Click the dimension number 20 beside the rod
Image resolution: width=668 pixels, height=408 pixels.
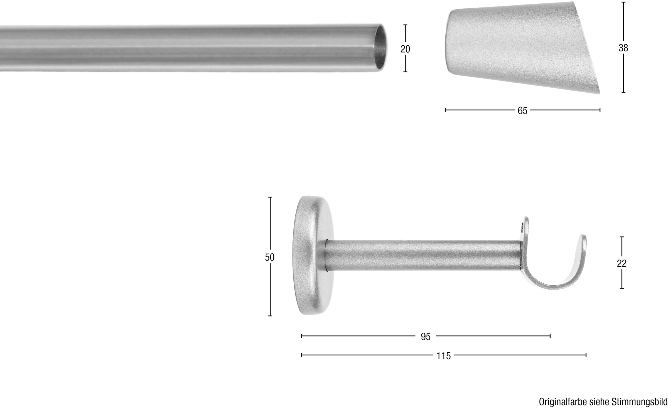(405, 49)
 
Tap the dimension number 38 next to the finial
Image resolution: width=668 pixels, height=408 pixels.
(623, 48)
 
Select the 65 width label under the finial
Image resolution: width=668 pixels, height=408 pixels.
(522, 111)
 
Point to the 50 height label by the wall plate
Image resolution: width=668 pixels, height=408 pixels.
(269, 257)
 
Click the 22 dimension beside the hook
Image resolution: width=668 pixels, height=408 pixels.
(622, 263)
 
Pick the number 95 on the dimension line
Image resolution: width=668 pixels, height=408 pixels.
(426, 337)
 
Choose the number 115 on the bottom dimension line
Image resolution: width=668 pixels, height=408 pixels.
(443, 356)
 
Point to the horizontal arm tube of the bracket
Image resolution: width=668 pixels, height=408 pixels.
(423, 255)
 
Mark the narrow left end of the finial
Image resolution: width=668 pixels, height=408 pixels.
(449, 42)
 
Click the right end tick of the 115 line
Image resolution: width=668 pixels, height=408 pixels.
(586, 355)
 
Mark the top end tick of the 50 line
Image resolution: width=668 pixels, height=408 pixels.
(270, 197)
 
